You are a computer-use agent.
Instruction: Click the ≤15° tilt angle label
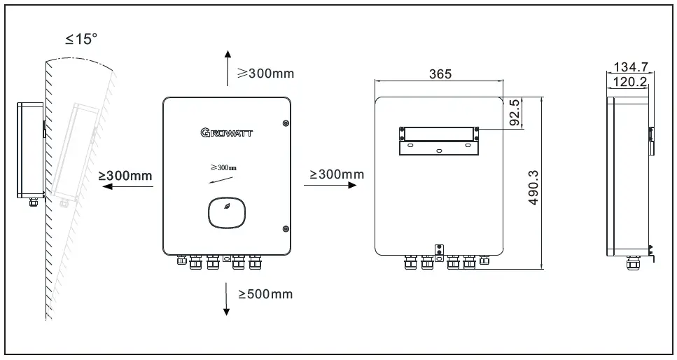81,40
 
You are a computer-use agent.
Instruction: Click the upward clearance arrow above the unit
227,69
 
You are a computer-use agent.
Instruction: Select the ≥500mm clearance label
265,294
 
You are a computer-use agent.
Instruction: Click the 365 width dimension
440,74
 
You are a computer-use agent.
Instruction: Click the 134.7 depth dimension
631,67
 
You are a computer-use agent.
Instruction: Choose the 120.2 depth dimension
629,81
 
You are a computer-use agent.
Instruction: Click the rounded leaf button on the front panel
228,213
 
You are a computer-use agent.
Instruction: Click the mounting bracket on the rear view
438,139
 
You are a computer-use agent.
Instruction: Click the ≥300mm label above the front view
265,74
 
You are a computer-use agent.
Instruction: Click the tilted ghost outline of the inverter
74,151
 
